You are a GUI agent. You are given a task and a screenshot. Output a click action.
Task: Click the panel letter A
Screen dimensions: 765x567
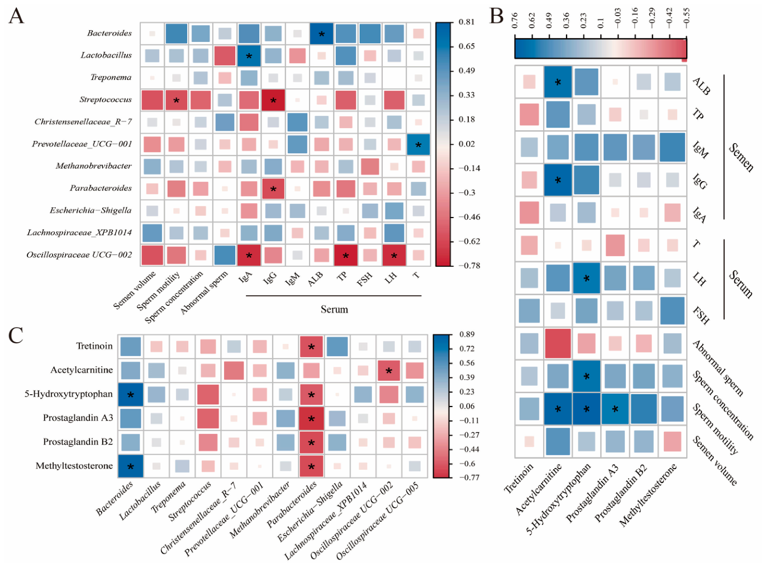(x=16, y=16)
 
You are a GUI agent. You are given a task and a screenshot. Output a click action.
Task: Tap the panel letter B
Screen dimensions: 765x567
(x=496, y=16)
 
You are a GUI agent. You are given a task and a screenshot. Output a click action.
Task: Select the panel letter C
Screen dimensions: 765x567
(x=16, y=335)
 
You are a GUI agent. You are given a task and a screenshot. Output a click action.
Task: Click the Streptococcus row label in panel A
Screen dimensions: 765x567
(x=106, y=100)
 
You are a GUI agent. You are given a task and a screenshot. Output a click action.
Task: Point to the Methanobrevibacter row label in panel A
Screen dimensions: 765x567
(x=93, y=166)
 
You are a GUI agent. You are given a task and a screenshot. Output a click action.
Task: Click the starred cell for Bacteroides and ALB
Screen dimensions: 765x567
(x=321, y=34)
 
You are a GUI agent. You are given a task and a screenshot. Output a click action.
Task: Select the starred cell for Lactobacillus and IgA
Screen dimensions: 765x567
(x=249, y=55)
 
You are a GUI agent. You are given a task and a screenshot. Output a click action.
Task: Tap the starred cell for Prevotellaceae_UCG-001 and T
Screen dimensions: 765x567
(x=418, y=145)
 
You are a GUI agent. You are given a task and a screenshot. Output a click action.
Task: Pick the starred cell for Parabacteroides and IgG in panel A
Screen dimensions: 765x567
(x=273, y=189)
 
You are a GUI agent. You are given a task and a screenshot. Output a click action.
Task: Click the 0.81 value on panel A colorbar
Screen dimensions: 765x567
(x=466, y=22)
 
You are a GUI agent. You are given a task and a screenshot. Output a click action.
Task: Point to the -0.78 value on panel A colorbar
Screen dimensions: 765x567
(x=469, y=266)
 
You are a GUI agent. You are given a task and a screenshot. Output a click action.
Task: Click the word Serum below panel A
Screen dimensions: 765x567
(x=334, y=309)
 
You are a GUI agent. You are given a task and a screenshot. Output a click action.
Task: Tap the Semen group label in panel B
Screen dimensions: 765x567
(x=741, y=157)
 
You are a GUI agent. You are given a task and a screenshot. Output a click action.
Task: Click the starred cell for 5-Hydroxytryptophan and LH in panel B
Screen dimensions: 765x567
(x=586, y=278)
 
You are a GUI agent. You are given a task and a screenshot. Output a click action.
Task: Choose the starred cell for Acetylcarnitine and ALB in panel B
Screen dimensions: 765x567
(x=558, y=82)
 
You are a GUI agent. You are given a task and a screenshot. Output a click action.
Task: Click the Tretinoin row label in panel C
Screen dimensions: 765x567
(x=94, y=346)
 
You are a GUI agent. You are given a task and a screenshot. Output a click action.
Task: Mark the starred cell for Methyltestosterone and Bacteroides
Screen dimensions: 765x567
(x=130, y=466)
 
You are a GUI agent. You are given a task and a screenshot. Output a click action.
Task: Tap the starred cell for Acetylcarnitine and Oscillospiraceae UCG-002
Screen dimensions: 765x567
(x=389, y=371)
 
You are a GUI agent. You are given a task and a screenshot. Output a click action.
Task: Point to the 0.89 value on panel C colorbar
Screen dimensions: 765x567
(x=467, y=334)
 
